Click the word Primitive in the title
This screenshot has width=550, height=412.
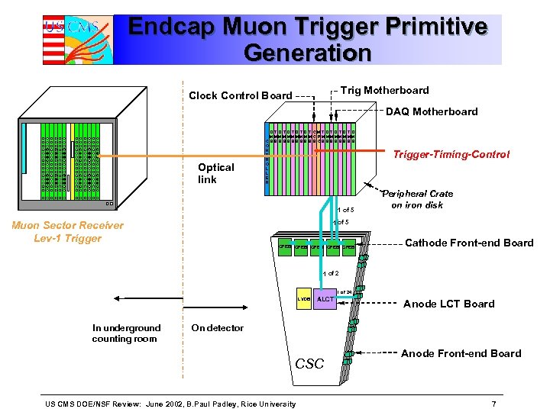441,27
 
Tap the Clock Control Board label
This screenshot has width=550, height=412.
240,95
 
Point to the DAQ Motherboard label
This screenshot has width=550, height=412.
432,111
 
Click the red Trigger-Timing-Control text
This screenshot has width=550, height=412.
451,154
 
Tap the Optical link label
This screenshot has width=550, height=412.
216,173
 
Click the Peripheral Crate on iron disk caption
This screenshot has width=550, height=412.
418,199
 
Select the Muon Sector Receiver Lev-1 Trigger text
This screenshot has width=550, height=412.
67,231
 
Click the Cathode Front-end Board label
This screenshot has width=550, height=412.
469,243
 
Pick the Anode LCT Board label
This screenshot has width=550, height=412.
448,304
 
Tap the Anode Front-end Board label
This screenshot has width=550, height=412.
461,353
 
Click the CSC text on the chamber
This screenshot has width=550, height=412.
309,364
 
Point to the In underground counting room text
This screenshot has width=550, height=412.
126,333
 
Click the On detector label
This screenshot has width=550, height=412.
217,328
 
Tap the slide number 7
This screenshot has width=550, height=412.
494,403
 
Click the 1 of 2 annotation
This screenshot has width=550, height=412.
331,273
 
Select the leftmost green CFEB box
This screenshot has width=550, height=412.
285,248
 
